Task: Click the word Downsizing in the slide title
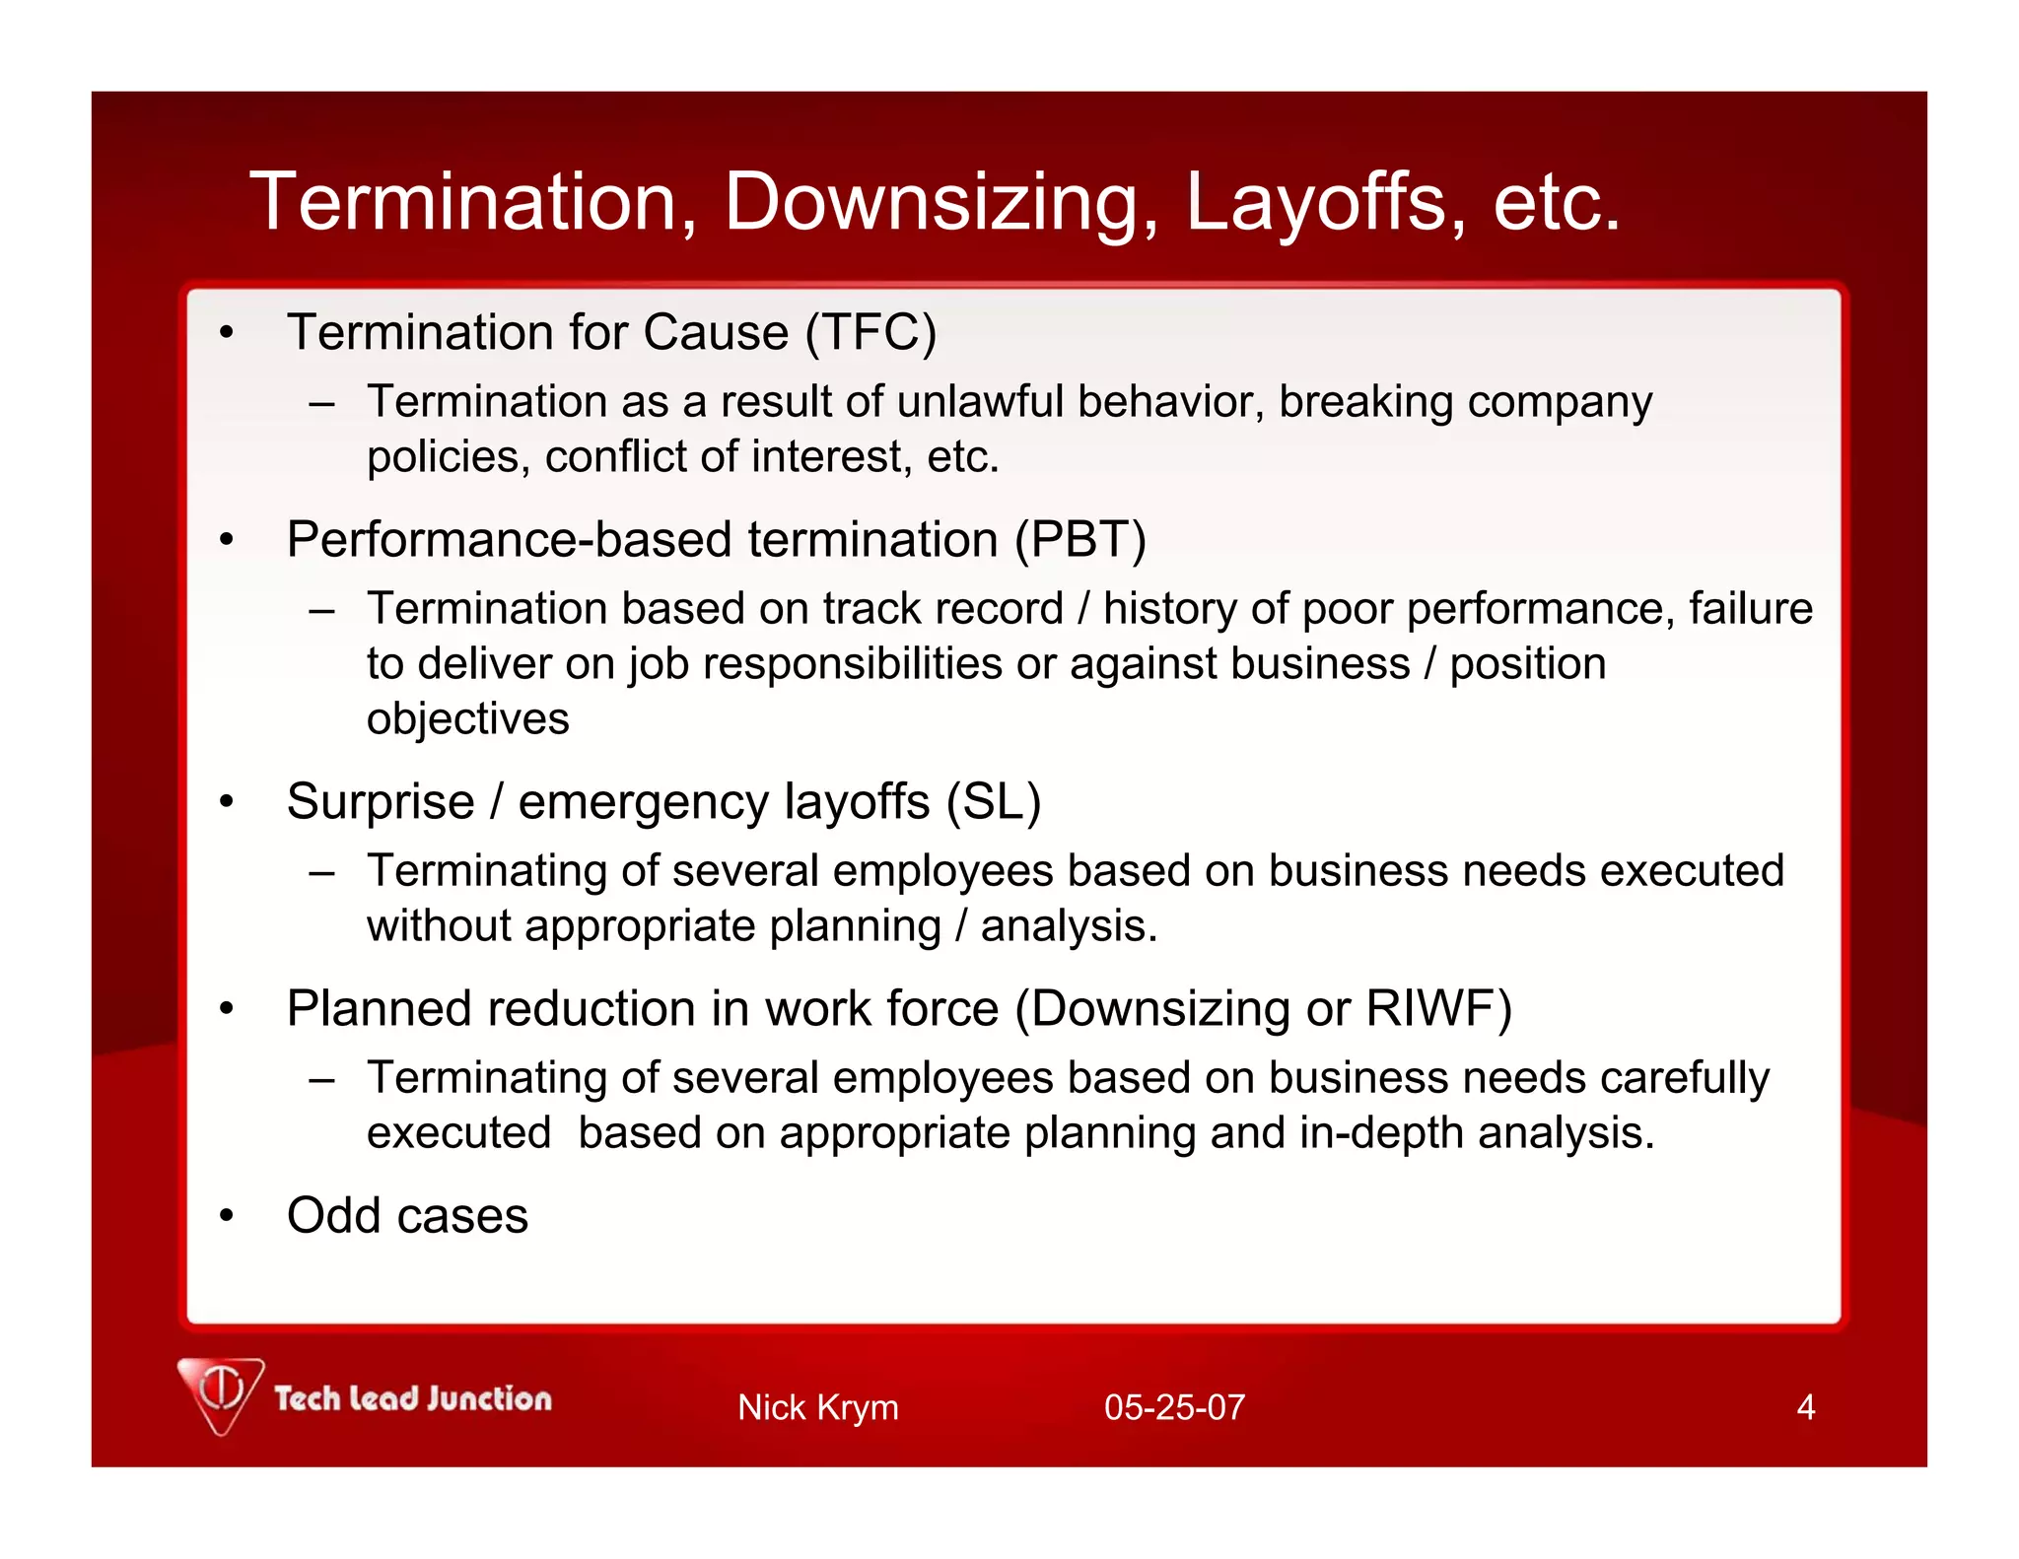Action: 941,203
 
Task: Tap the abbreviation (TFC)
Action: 870,332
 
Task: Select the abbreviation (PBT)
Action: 1080,540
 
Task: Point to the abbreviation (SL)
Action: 993,801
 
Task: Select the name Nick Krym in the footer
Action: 817,1407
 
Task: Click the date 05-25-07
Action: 1174,1407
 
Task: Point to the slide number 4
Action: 1805,1407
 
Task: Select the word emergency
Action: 644,803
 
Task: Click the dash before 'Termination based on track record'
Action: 321,610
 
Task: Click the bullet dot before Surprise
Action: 227,802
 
